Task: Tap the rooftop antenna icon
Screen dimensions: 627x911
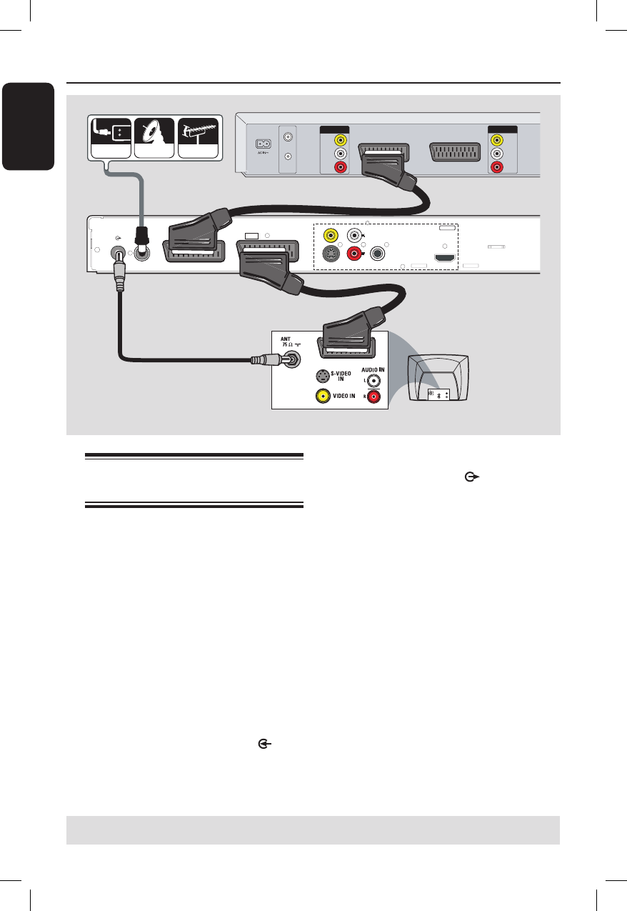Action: click(x=199, y=136)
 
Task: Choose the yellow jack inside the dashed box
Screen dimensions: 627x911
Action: click(x=331, y=234)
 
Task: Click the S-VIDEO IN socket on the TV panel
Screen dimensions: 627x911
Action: click(x=324, y=377)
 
